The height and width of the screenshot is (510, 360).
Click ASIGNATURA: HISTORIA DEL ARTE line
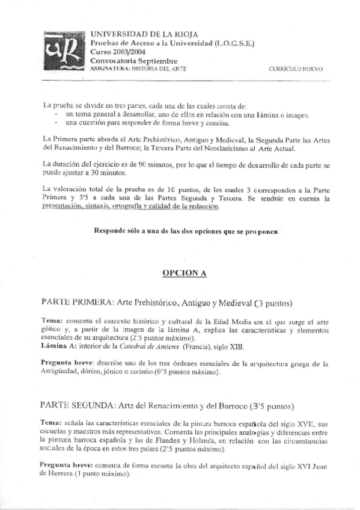138,69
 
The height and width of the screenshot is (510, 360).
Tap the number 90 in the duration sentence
144,164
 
